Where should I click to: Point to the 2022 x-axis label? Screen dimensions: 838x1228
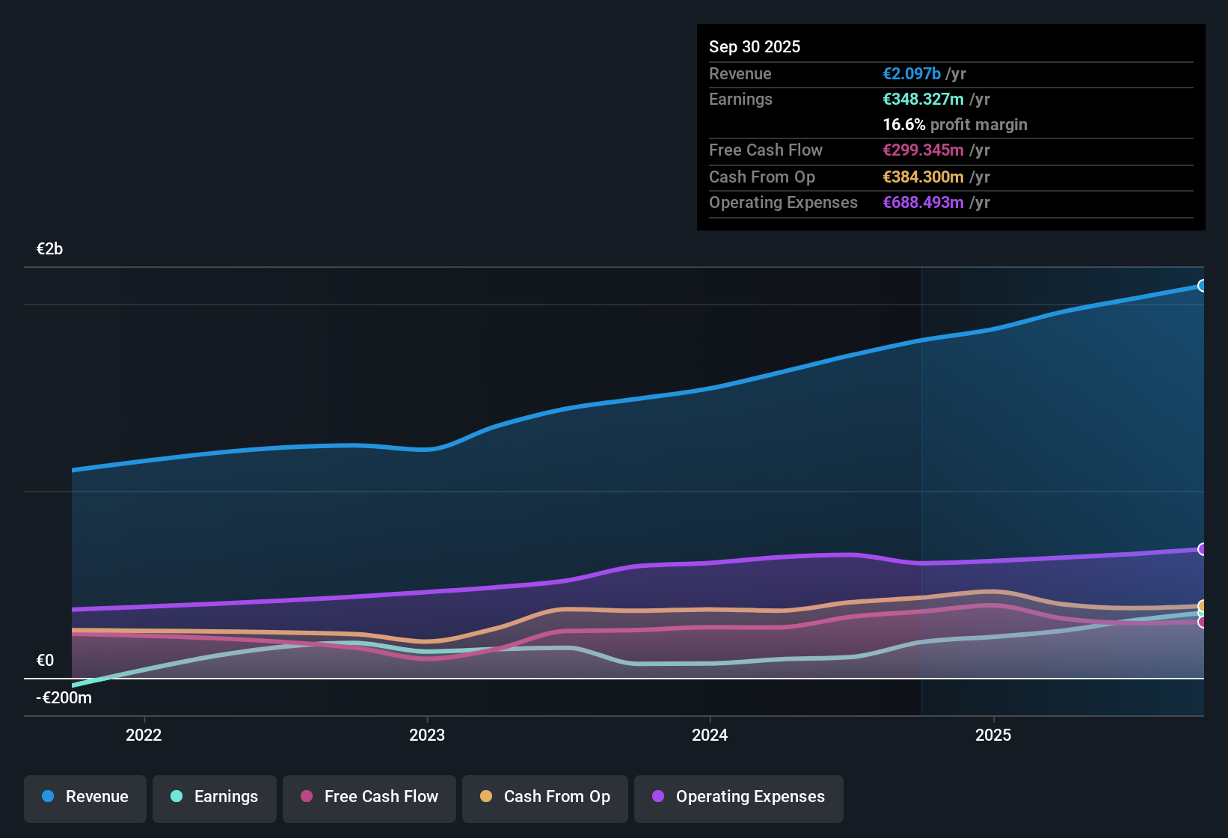coord(144,735)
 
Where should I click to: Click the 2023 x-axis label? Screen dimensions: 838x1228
coord(427,735)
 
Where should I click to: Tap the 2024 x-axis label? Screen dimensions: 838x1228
coord(710,735)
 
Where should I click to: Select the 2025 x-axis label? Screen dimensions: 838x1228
coord(993,735)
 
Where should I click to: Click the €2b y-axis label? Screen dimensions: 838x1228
coord(50,249)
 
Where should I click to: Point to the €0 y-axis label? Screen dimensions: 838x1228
coord(46,660)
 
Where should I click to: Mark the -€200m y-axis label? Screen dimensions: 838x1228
coord(64,697)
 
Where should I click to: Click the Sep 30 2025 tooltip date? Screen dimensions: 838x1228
coord(755,46)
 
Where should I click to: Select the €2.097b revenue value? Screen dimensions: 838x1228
coord(912,73)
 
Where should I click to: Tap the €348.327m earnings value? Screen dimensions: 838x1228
coord(923,99)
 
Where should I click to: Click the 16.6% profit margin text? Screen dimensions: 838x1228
coord(954,124)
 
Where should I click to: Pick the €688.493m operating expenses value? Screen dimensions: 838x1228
coord(923,202)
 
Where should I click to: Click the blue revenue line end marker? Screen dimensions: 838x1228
coord(1202,286)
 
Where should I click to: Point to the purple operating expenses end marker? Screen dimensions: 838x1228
coord(1202,549)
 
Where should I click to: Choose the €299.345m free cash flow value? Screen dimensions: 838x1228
coord(923,150)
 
